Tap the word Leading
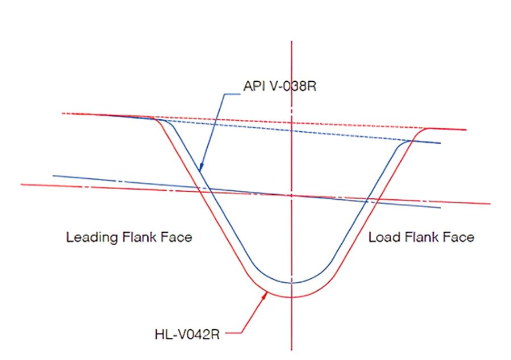92,237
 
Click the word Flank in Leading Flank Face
140,237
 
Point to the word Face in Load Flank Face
457,237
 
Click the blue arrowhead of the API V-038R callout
200,169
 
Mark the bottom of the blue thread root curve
291,282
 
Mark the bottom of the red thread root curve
291,297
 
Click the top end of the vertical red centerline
291,41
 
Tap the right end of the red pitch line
489,203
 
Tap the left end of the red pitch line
22,185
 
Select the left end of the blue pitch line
53,175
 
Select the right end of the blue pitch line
440,207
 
